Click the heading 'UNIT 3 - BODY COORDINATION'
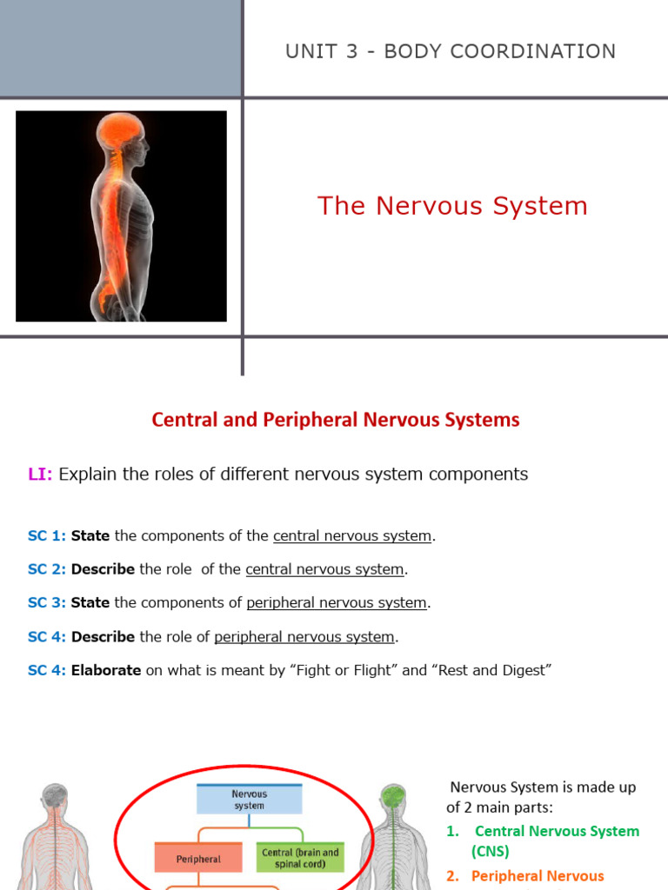coord(451,51)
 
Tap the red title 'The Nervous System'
coord(452,206)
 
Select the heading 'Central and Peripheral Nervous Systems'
coord(336,420)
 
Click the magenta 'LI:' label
coord(40,475)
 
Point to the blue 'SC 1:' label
coord(46,536)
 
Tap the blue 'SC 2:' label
coord(46,570)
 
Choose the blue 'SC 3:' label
coord(46,603)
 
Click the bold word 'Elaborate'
coord(105,671)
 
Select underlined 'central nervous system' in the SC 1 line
coord(352,536)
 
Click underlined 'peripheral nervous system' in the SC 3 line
coord(337,603)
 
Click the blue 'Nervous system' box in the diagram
coord(249,800)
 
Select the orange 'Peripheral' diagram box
coord(198,858)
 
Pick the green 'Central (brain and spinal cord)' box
coord(300,858)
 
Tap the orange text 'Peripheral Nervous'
coord(537,876)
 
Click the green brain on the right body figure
coord(394,795)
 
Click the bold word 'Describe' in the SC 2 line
coord(103,570)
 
